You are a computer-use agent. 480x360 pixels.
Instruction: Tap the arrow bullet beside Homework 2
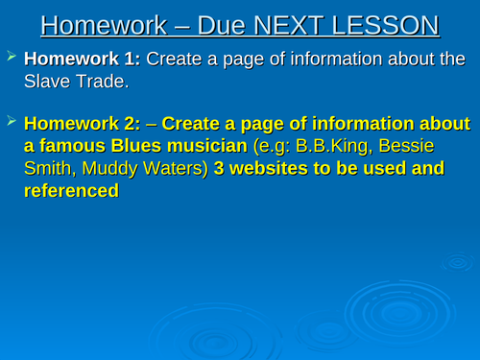tap(12, 123)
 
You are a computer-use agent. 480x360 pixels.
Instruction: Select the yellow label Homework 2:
tap(87, 125)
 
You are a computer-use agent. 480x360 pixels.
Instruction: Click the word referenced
tap(70, 191)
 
